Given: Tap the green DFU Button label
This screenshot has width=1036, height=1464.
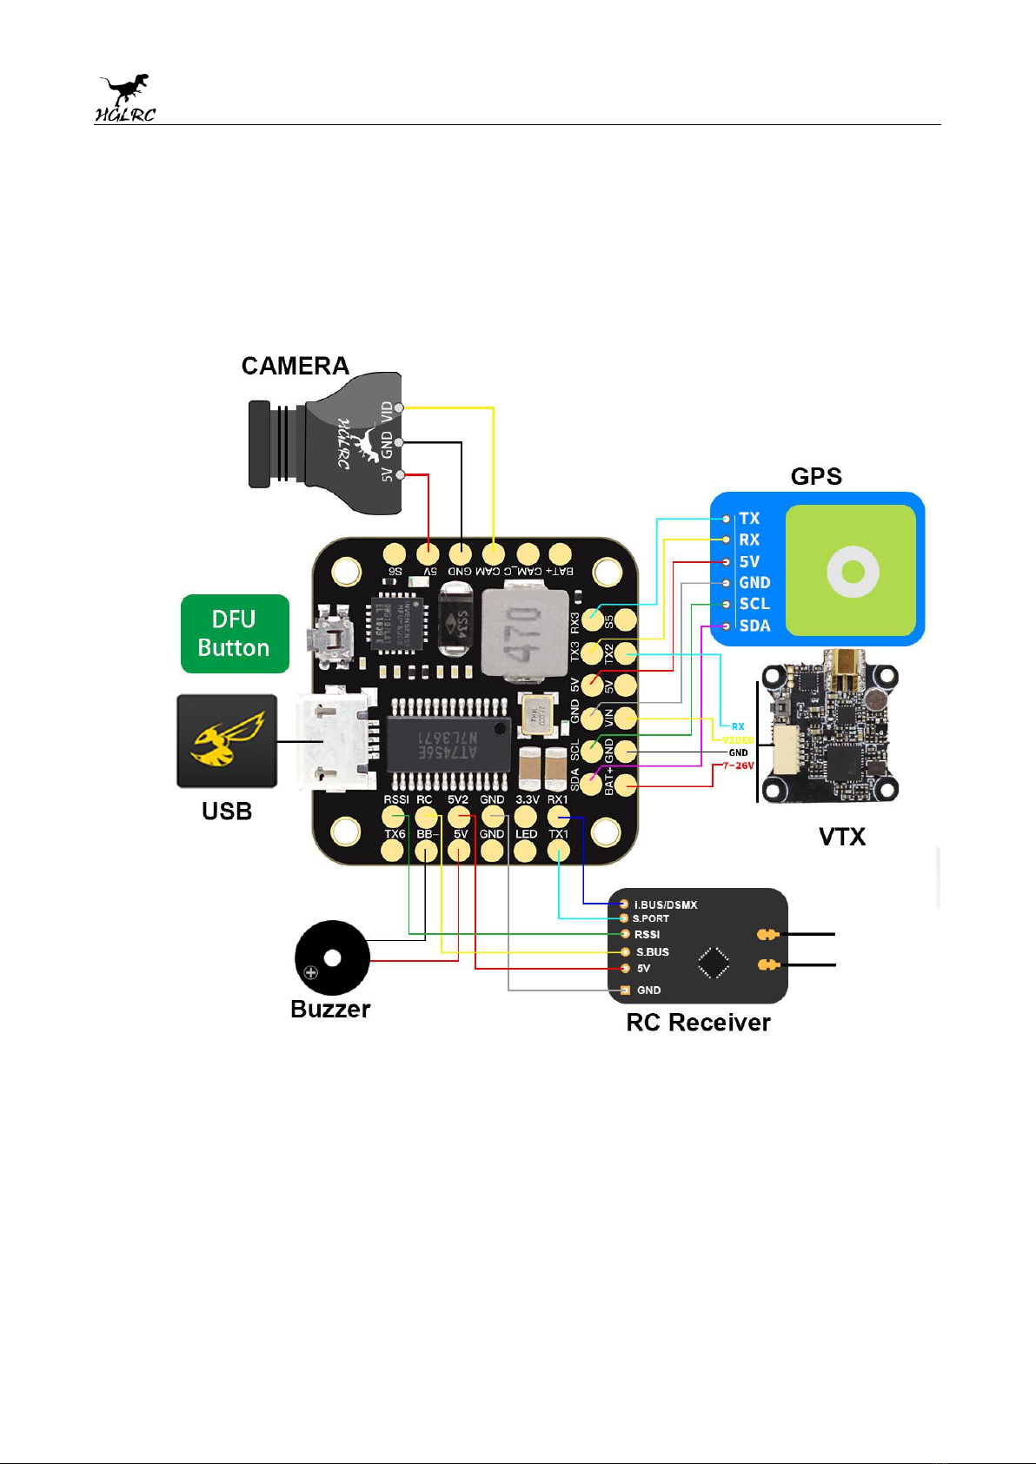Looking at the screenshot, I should (x=234, y=633).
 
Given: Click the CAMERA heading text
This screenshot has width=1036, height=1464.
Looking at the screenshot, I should (x=295, y=366).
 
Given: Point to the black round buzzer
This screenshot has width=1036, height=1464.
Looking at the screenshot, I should (x=332, y=957).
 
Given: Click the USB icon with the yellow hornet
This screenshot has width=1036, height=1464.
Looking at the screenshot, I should (x=227, y=741).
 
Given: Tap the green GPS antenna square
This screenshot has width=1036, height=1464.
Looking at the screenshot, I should (x=851, y=571).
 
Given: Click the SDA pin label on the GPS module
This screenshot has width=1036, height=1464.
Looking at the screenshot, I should (x=754, y=626).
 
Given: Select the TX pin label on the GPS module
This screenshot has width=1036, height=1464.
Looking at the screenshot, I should (x=749, y=519).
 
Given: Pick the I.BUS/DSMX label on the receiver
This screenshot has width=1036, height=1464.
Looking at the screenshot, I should (x=666, y=904).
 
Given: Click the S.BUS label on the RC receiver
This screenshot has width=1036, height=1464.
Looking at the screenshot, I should (x=652, y=952).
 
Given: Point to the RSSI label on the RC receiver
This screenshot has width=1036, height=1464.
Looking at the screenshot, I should (x=647, y=935).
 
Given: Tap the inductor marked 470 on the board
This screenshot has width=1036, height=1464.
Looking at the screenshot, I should (x=519, y=633).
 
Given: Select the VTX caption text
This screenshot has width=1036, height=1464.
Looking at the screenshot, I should (x=842, y=837).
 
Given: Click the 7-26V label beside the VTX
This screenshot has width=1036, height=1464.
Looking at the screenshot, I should (x=738, y=766).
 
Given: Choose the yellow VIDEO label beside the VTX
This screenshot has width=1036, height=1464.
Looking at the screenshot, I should (x=738, y=740).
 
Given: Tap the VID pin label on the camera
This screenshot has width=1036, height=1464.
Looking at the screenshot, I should (x=387, y=412).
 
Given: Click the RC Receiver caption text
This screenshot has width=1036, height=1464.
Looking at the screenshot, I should (x=698, y=1023).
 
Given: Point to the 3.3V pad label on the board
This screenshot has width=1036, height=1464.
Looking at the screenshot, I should (x=527, y=799).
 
